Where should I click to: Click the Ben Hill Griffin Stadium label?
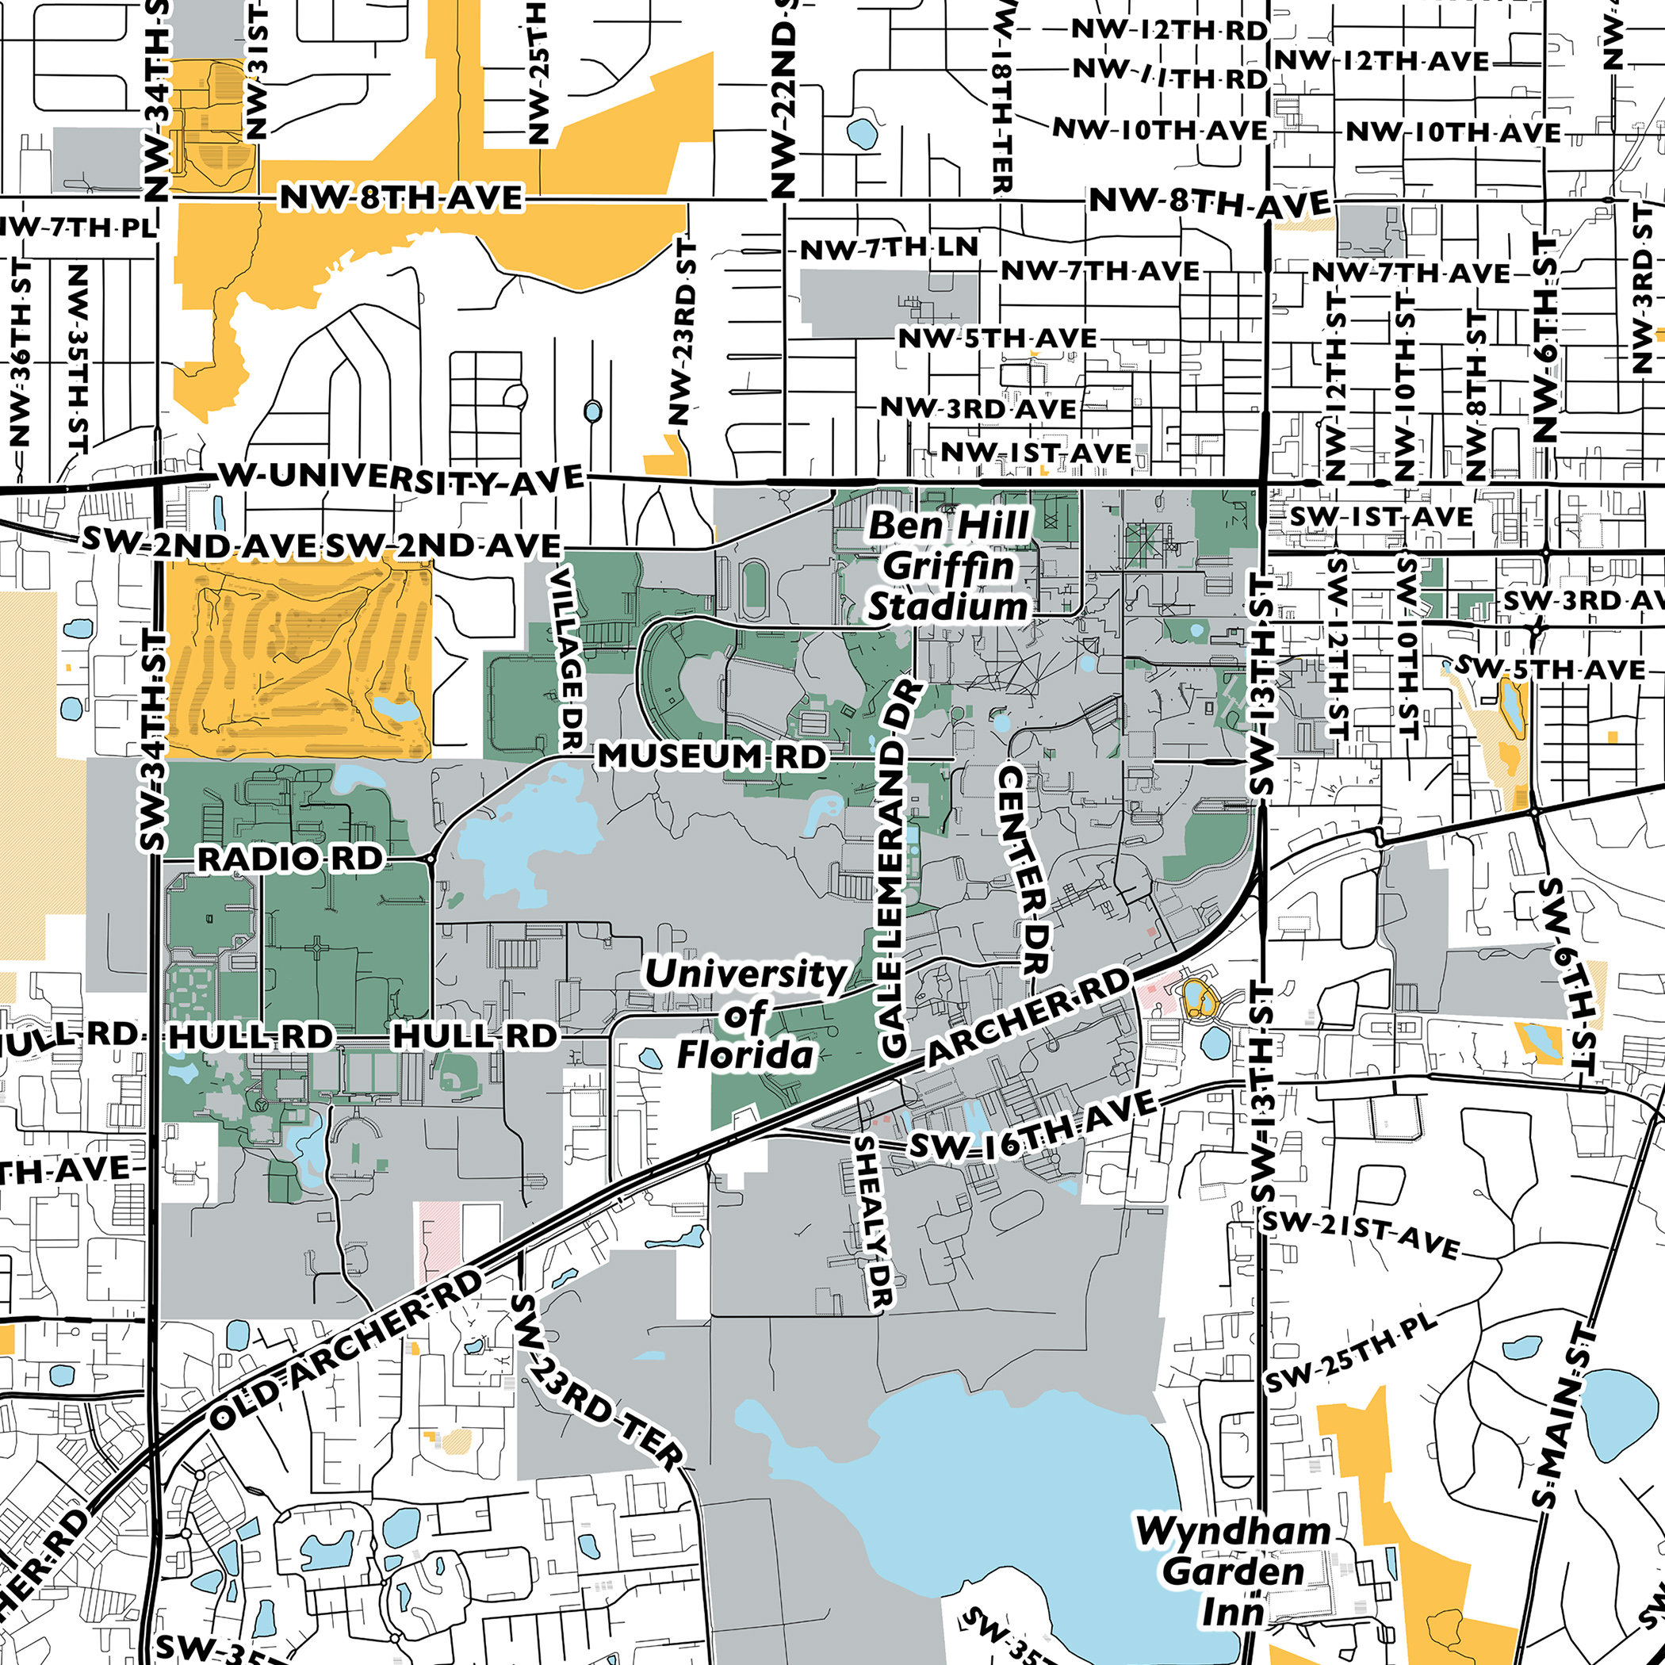[x=949, y=565]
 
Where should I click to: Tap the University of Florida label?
[x=745, y=1013]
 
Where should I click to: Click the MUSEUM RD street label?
[x=712, y=756]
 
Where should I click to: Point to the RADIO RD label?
[x=289, y=859]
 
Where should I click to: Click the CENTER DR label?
[x=1025, y=871]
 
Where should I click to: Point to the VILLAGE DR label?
[x=568, y=657]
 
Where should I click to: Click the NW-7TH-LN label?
[x=890, y=248]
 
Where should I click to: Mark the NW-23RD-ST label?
[x=682, y=331]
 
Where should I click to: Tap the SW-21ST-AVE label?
[x=1361, y=1234]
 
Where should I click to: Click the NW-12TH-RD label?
[x=1169, y=30]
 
